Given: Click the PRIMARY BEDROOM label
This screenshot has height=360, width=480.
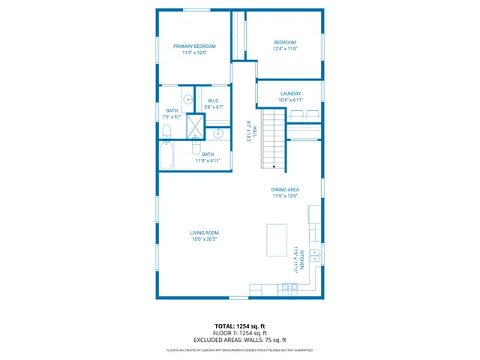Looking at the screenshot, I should point(194,46).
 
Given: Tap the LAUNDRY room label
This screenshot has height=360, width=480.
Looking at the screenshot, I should point(290,94).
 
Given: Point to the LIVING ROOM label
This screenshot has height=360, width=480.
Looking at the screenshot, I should point(204,233).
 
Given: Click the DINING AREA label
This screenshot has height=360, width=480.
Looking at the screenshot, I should point(285,190).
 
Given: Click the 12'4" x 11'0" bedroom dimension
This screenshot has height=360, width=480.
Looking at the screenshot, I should point(285,49).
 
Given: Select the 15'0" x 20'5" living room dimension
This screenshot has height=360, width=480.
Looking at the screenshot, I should point(204,240).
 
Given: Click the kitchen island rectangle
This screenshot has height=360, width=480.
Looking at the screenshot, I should point(277,239).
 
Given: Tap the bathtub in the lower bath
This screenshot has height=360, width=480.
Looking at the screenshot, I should point(167,155).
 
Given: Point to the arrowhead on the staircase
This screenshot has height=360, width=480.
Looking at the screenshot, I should point(274,166).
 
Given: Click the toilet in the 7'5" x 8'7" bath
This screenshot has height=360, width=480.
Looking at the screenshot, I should point(166,132).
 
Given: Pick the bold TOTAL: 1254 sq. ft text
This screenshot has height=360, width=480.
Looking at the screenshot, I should point(240,326).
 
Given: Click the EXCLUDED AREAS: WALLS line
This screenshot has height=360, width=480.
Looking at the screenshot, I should point(240,340).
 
